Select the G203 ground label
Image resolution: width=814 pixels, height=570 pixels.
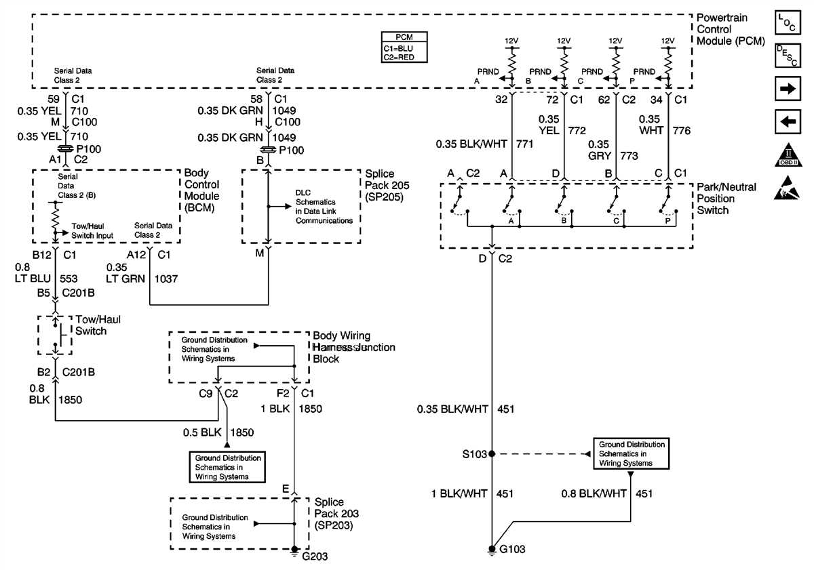[315, 556]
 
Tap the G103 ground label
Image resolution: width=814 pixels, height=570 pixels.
[512, 550]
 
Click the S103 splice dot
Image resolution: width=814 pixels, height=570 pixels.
[492, 454]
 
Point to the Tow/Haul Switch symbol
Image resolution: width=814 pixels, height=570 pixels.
[55, 335]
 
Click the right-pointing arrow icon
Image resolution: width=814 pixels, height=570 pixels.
[787, 89]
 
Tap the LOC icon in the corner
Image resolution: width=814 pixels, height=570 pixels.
[787, 22]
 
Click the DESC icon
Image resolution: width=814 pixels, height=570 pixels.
[787, 56]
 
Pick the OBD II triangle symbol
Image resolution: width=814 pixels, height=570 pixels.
[787, 156]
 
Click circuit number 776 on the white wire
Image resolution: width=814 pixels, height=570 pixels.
[682, 130]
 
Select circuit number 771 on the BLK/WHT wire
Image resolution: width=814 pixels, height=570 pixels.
[525, 144]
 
